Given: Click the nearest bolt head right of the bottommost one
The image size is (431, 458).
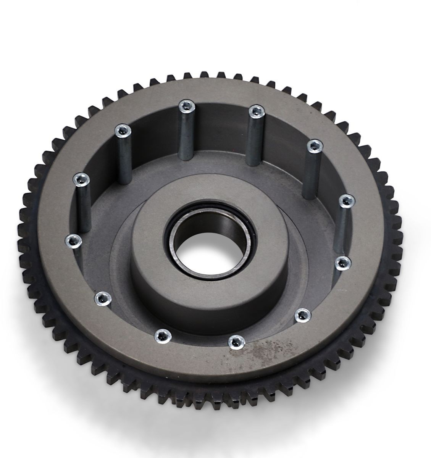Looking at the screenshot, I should click(302, 314).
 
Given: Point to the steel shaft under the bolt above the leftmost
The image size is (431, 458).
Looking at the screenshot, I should click(84, 210).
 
